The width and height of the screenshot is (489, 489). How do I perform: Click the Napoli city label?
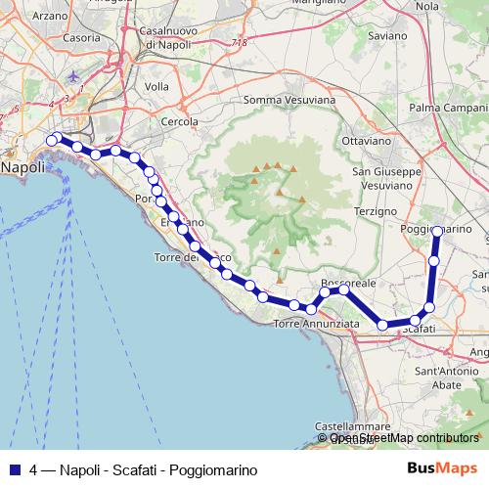click(x=23, y=167)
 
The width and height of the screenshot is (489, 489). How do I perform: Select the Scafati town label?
click(x=419, y=330)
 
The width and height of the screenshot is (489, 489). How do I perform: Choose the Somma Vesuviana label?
click(x=289, y=100)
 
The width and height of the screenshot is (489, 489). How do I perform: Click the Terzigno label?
click(x=374, y=211)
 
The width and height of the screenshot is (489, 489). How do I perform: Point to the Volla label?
click(x=157, y=86)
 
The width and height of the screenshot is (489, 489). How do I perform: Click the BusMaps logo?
click(x=442, y=469)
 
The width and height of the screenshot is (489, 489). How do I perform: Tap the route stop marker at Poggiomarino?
click(x=436, y=230)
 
